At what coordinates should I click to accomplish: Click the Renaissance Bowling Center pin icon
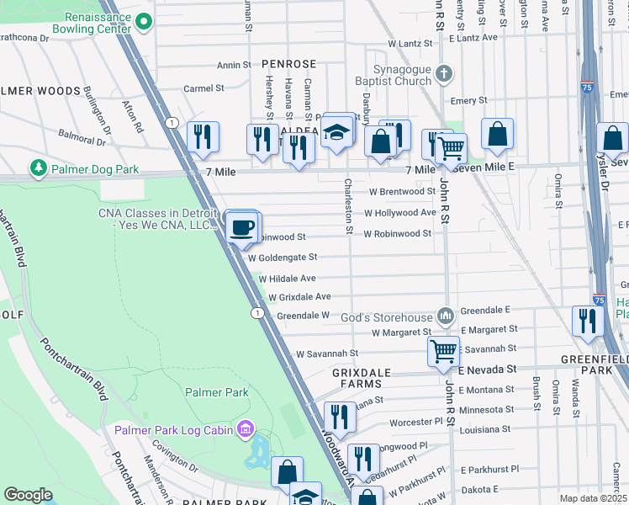143,21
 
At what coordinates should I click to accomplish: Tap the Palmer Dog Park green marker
38,169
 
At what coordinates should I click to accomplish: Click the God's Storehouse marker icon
445,316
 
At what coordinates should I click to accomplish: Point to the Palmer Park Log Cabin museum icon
245,430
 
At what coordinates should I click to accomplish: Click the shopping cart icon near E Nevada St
442,350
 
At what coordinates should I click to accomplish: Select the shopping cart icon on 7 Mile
452,148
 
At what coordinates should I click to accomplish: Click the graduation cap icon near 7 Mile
336,133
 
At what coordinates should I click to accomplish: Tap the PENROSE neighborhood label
288,64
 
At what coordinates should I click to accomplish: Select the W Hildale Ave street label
287,278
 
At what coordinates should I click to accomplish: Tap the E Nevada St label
489,369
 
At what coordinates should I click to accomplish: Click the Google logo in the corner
28,495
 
